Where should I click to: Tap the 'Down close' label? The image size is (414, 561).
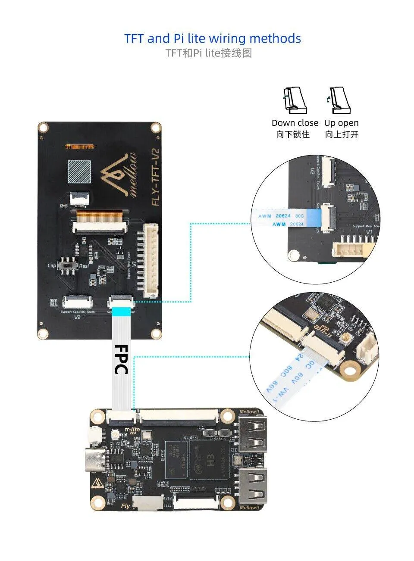tap(295, 123)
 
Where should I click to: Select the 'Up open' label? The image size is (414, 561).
tap(341, 123)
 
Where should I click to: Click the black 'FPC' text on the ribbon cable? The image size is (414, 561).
tap(121, 359)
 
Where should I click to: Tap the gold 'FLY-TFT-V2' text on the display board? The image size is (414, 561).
tap(156, 177)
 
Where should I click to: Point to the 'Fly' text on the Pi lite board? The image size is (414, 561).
tap(125, 506)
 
